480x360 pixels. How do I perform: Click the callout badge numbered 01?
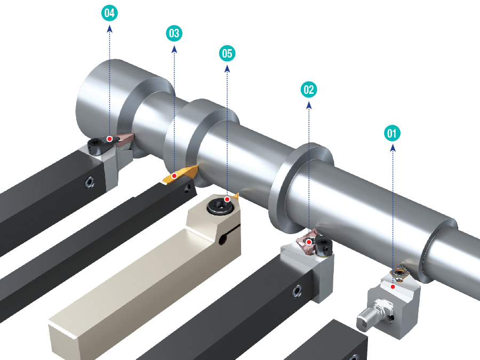[x=392, y=133]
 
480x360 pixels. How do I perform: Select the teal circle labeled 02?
[x=309, y=90]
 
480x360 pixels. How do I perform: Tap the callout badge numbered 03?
[x=174, y=33]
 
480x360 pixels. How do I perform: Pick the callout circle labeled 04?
[x=109, y=13]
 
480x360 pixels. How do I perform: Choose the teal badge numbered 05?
[x=227, y=53]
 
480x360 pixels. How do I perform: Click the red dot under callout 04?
[x=109, y=139]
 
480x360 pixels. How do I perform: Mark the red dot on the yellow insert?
[x=174, y=175]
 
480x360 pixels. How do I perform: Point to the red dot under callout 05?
[x=227, y=199]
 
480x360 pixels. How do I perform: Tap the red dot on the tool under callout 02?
[x=309, y=242]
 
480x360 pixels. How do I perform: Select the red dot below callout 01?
[x=393, y=287]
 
